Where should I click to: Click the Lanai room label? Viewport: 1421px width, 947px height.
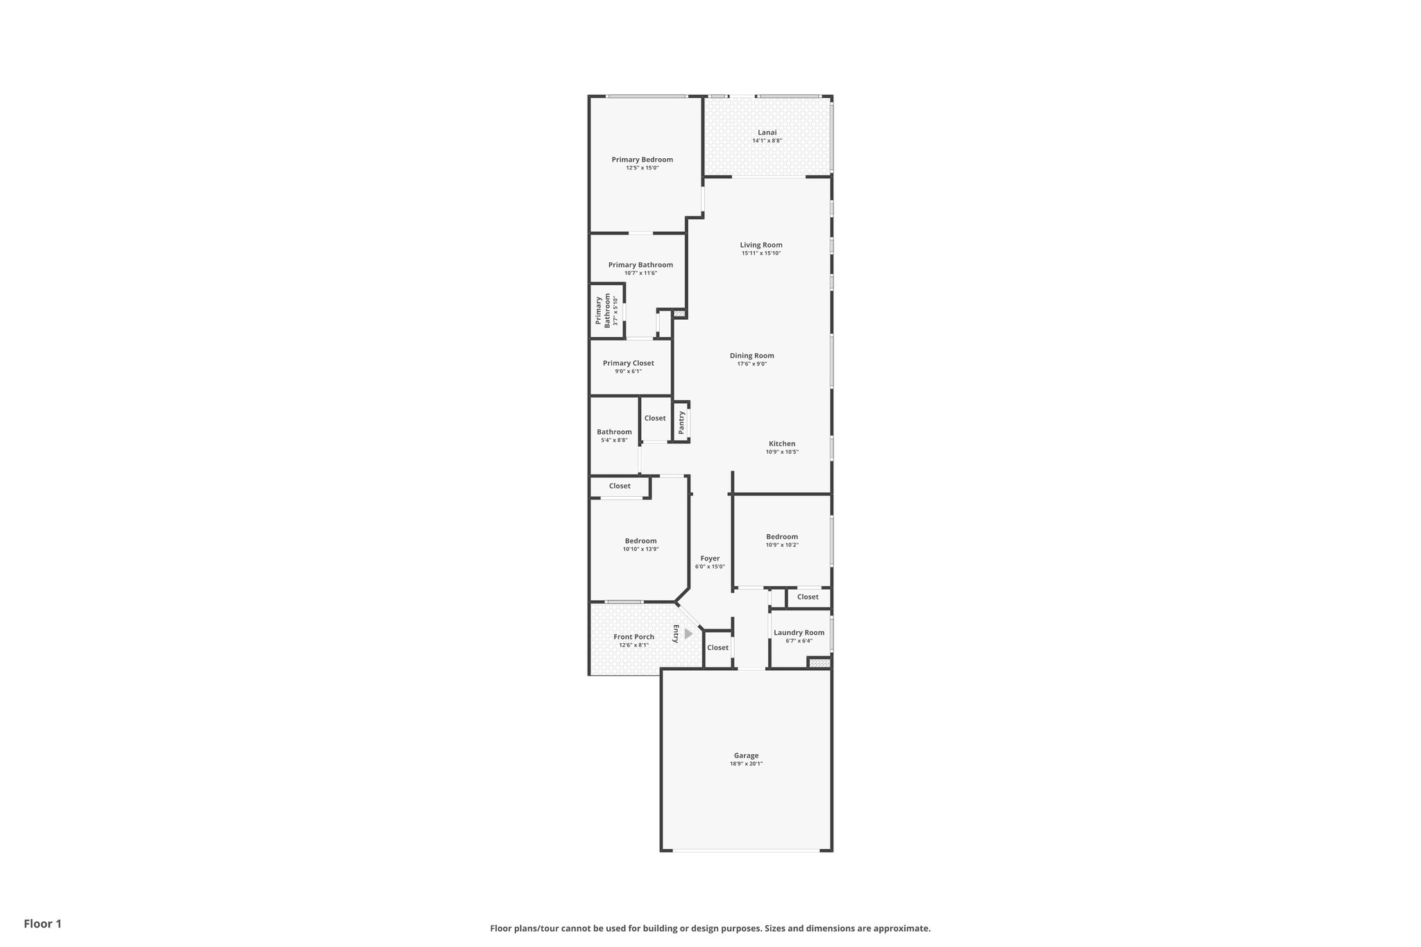pyautogui.click(x=767, y=133)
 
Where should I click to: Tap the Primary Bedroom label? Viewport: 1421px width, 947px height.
pyautogui.click(x=642, y=160)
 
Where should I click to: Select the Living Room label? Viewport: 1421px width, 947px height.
pyautogui.click(x=760, y=245)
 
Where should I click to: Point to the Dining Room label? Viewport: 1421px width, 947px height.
pyautogui.click(x=751, y=356)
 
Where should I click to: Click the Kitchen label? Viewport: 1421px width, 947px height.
pyautogui.click(x=781, y=444)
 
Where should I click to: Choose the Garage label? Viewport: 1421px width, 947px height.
pyautogui.click(x=746, y=756)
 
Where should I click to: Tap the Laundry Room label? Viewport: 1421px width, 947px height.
pyautogui.click(x=799, y=633)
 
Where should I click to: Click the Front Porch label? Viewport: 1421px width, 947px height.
pyautogui.click(x=633, y=637)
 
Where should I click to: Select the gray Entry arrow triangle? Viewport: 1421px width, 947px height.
pyautogui.click(x=688, y=633)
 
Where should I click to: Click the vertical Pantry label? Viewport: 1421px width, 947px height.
pyautogui.click(x=681, y=422)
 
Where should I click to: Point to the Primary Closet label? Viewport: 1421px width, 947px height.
pyautogui.click(x=628, y=363)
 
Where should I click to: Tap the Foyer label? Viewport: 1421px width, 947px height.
pyautogui.click(x=710, y=558)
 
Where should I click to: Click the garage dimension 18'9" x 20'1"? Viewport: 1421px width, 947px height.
pyautogui.click(x=746, y=764)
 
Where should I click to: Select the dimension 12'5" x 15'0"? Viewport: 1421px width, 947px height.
pyautogui.click(x=642, y=168)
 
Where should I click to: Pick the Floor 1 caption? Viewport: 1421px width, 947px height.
pyautogui.click(x=42, y=924)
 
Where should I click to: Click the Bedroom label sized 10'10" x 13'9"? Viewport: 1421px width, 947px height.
pyautogui.click(x=640, y=541)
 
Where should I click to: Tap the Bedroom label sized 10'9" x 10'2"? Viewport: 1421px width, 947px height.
pyautogui.click(x=781, y=536)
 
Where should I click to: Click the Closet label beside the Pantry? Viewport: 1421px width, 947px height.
pyautogui.click(x=654, y=418)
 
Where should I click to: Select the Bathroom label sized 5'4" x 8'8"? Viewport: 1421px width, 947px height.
pyautogui.click(x=614, y=432)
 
